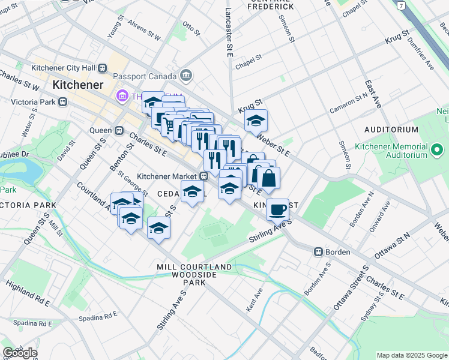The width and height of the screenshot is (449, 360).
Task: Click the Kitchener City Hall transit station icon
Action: pyautogui.click(x=103, y=68)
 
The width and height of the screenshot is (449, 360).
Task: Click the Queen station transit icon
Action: pyautogui.click(x=119, y=130)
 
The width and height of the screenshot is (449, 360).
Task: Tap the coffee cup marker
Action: pyautogui.click(x=277, y=209)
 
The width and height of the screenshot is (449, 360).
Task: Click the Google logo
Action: pyautogui.click(x=20, y=353)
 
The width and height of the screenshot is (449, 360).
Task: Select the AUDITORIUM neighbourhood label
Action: pyautogui.click(x=391, y=130)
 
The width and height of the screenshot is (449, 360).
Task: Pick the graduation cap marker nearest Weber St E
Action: pyautogui.click(x=256, y=121)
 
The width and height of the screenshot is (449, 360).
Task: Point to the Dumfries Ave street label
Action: pyautogui.click(x=421, y=51)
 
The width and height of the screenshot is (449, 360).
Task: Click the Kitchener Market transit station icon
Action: pyautogui.click(x=204, y=176)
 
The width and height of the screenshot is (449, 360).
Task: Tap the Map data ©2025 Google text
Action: pyautogui.click(x=411, y=355)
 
